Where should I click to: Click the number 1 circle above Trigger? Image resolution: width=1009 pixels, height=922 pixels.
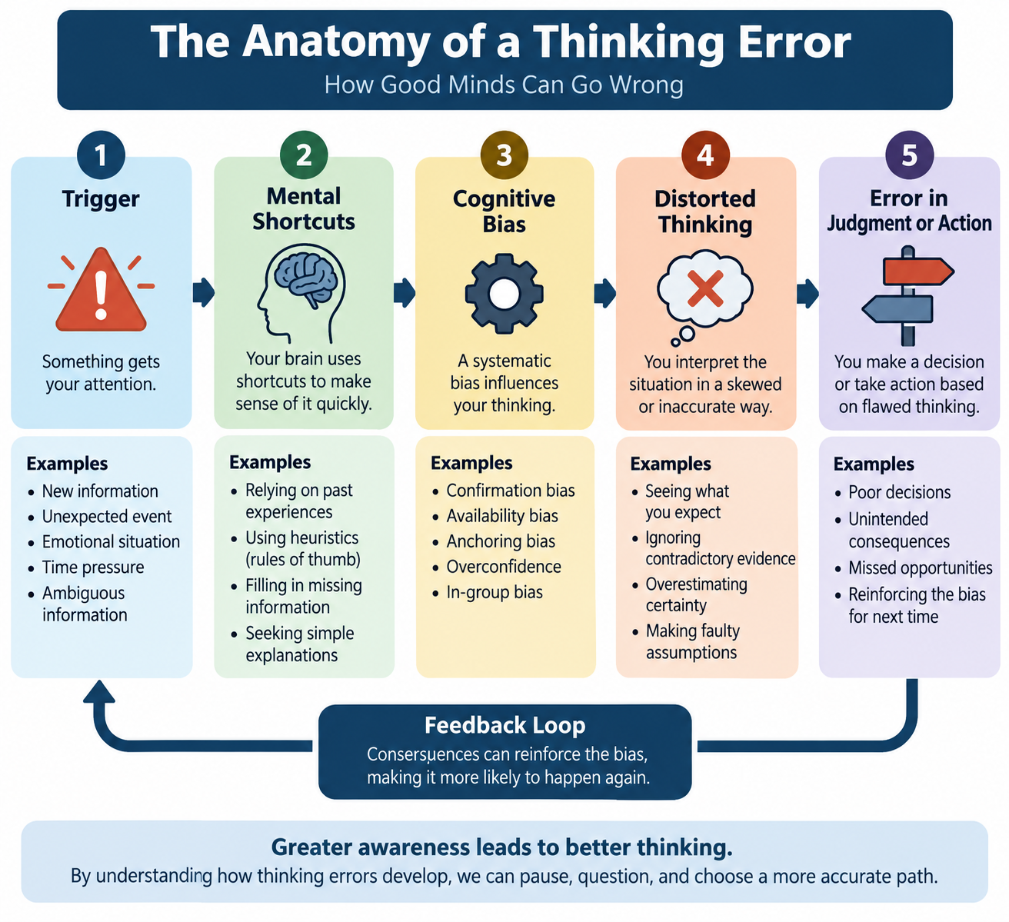[x=101, y=155]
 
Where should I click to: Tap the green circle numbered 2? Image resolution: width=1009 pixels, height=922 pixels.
[x=304, y=155]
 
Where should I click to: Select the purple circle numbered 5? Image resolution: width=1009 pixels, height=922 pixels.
[x=910, y=155]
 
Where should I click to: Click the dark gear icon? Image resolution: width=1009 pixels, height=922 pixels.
[x=504, y=294]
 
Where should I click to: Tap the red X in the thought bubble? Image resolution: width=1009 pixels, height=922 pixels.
[x=705, y=288]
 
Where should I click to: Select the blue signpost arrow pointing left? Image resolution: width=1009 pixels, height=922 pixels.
[x=897, y=309]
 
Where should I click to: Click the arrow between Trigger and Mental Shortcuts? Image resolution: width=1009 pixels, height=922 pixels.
[x=204, y=292]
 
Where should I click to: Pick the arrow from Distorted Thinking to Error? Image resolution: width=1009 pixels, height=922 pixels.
[x=808, y=293]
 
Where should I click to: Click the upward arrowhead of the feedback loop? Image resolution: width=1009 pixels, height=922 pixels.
[x=99, y=691]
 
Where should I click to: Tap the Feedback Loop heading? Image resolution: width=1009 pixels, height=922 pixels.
[x=505, y=725]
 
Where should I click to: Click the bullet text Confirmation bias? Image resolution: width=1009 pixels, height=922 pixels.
[x=510, y=491]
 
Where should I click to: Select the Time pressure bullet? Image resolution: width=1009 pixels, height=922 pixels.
[x=93, y=568]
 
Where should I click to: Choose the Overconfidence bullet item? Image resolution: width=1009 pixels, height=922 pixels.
[x=504, y=567]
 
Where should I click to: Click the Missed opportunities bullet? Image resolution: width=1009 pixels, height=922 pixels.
[x=920, y=568]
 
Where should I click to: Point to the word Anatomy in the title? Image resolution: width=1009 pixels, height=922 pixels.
[x=336, y=42]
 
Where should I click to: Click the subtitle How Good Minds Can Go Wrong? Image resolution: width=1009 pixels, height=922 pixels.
[x=504, y=85]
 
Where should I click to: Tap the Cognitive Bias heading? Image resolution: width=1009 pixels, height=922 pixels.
[x=504, y=211]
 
